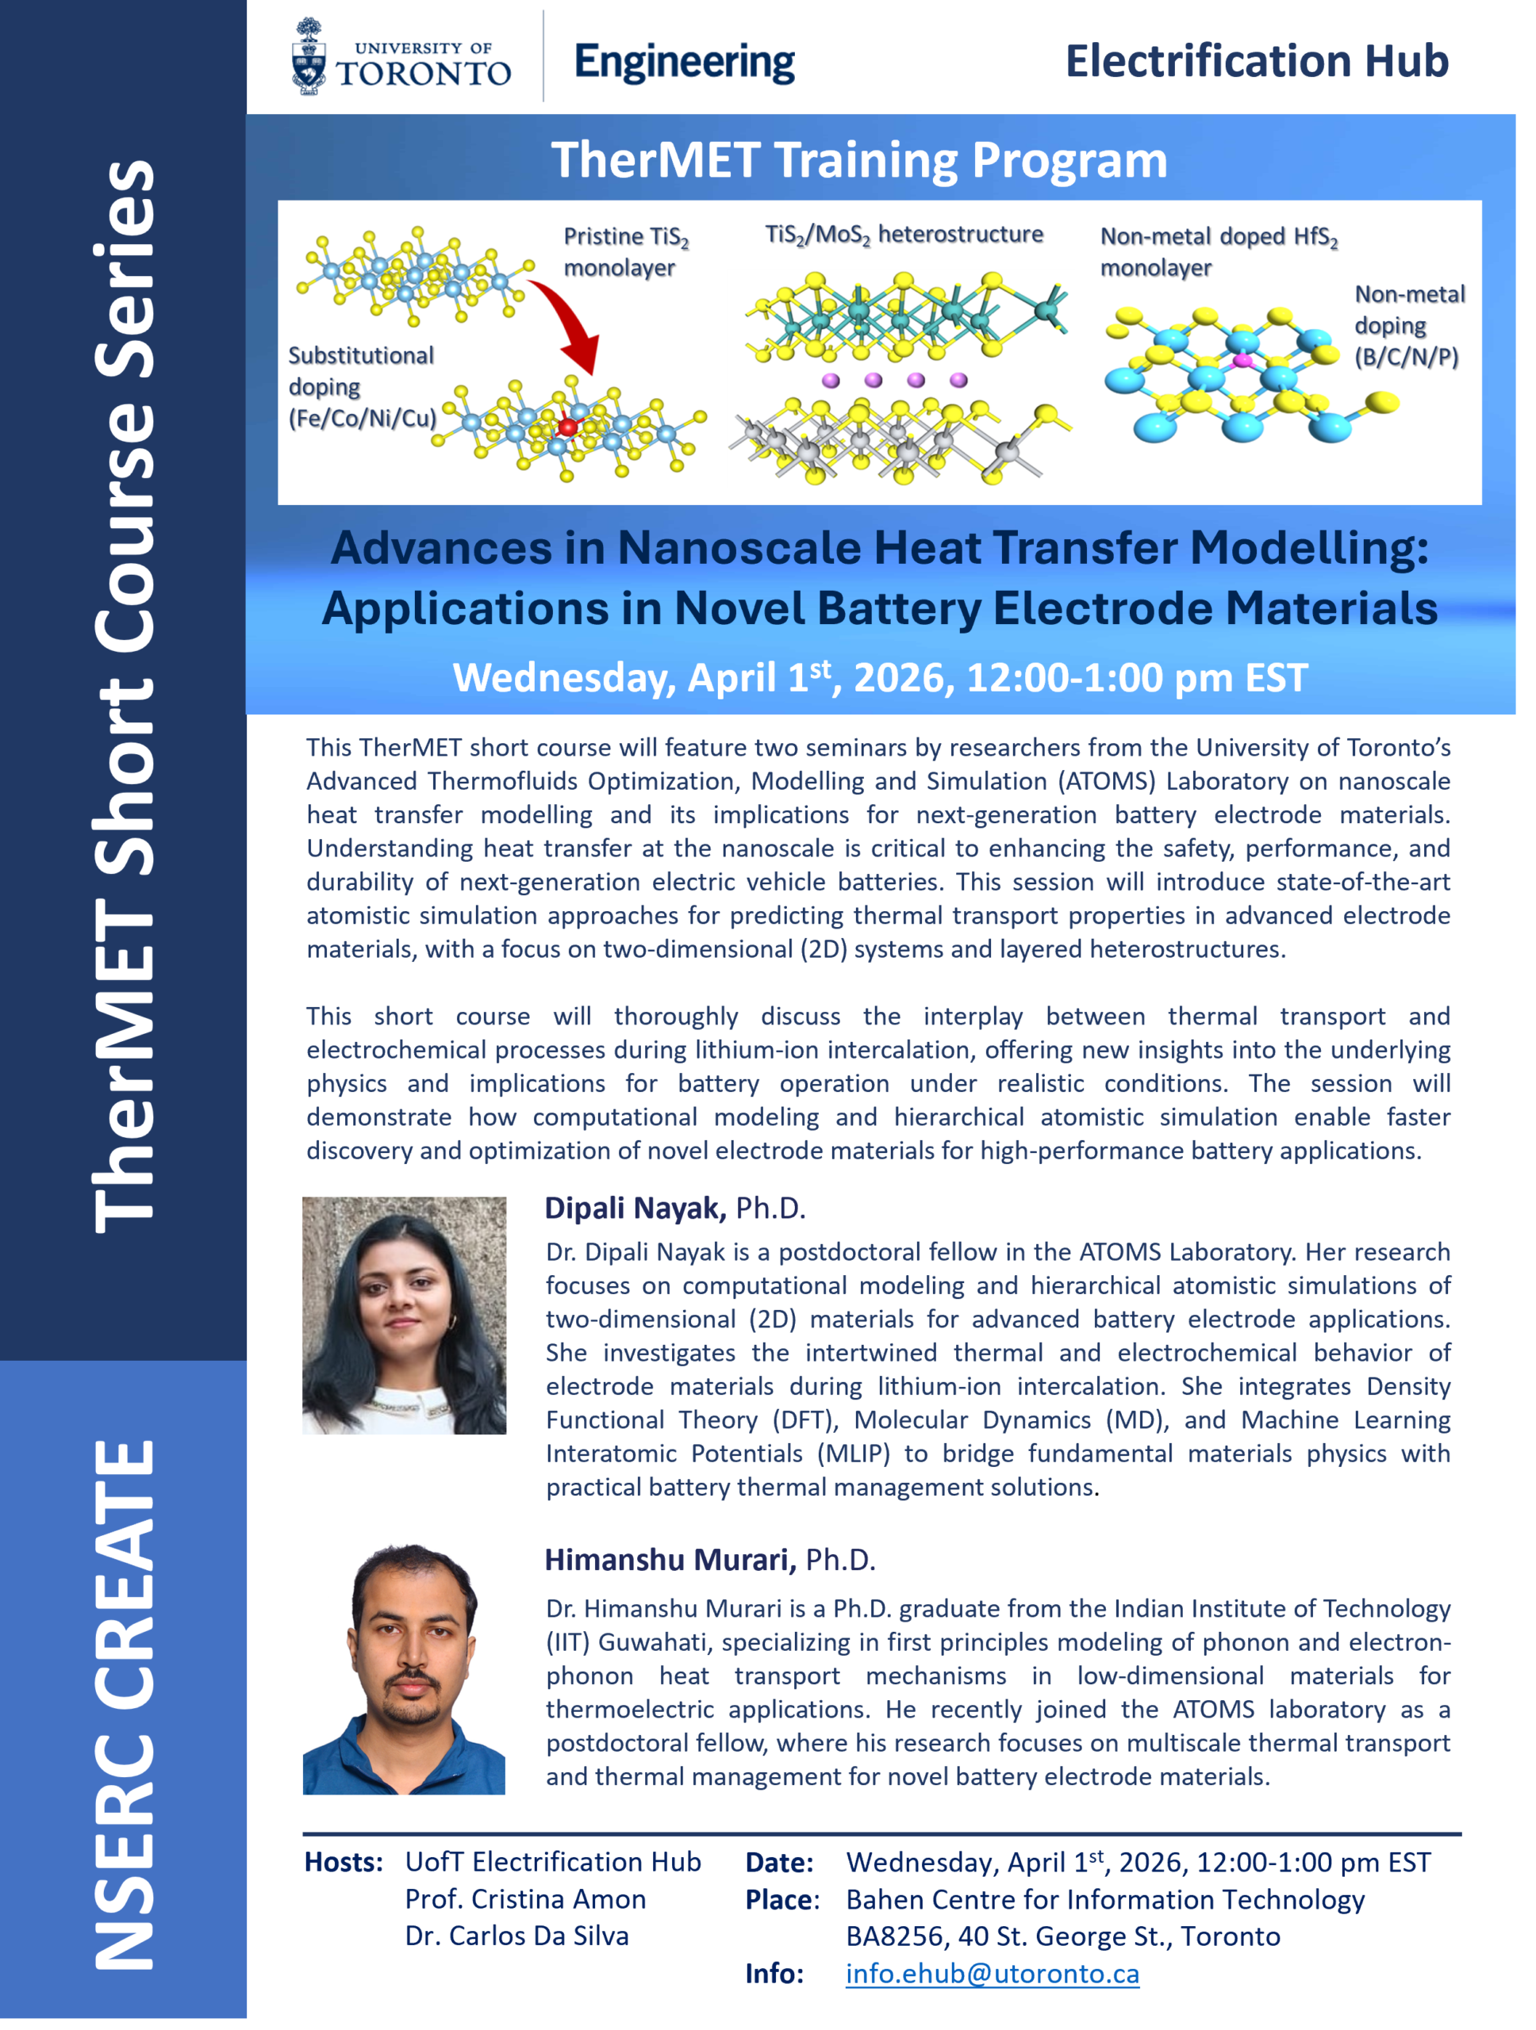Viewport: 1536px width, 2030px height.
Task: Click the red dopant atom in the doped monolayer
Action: [x=567, y=427]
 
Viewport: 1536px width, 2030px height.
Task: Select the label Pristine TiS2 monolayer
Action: [x=626, y=251]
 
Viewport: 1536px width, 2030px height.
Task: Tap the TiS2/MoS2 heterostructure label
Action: [x=904, y=236]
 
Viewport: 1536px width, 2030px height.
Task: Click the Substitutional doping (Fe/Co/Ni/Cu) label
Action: [x=363, y=386]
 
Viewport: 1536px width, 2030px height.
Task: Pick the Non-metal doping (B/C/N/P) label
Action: [x=1409, y=325]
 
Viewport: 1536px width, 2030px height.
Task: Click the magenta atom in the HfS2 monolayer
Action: [x=1242, y=361]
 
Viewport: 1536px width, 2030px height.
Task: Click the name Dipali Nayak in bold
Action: [x=636, y=1208]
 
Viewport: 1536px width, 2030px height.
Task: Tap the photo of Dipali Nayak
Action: [x=404, y=1315]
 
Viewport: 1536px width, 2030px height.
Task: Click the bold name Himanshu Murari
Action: [x=670, y=1559]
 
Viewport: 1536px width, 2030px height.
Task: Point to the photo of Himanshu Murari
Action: [x=404, y=1668]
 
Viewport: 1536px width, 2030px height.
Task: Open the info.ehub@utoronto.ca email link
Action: [x=993, y=1973]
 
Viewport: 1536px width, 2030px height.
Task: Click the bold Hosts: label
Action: [x=344, y=1862]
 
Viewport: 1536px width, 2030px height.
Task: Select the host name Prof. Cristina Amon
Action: [x=525, y=1899]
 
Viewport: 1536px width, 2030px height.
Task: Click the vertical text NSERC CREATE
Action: [x=124, y=1704]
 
